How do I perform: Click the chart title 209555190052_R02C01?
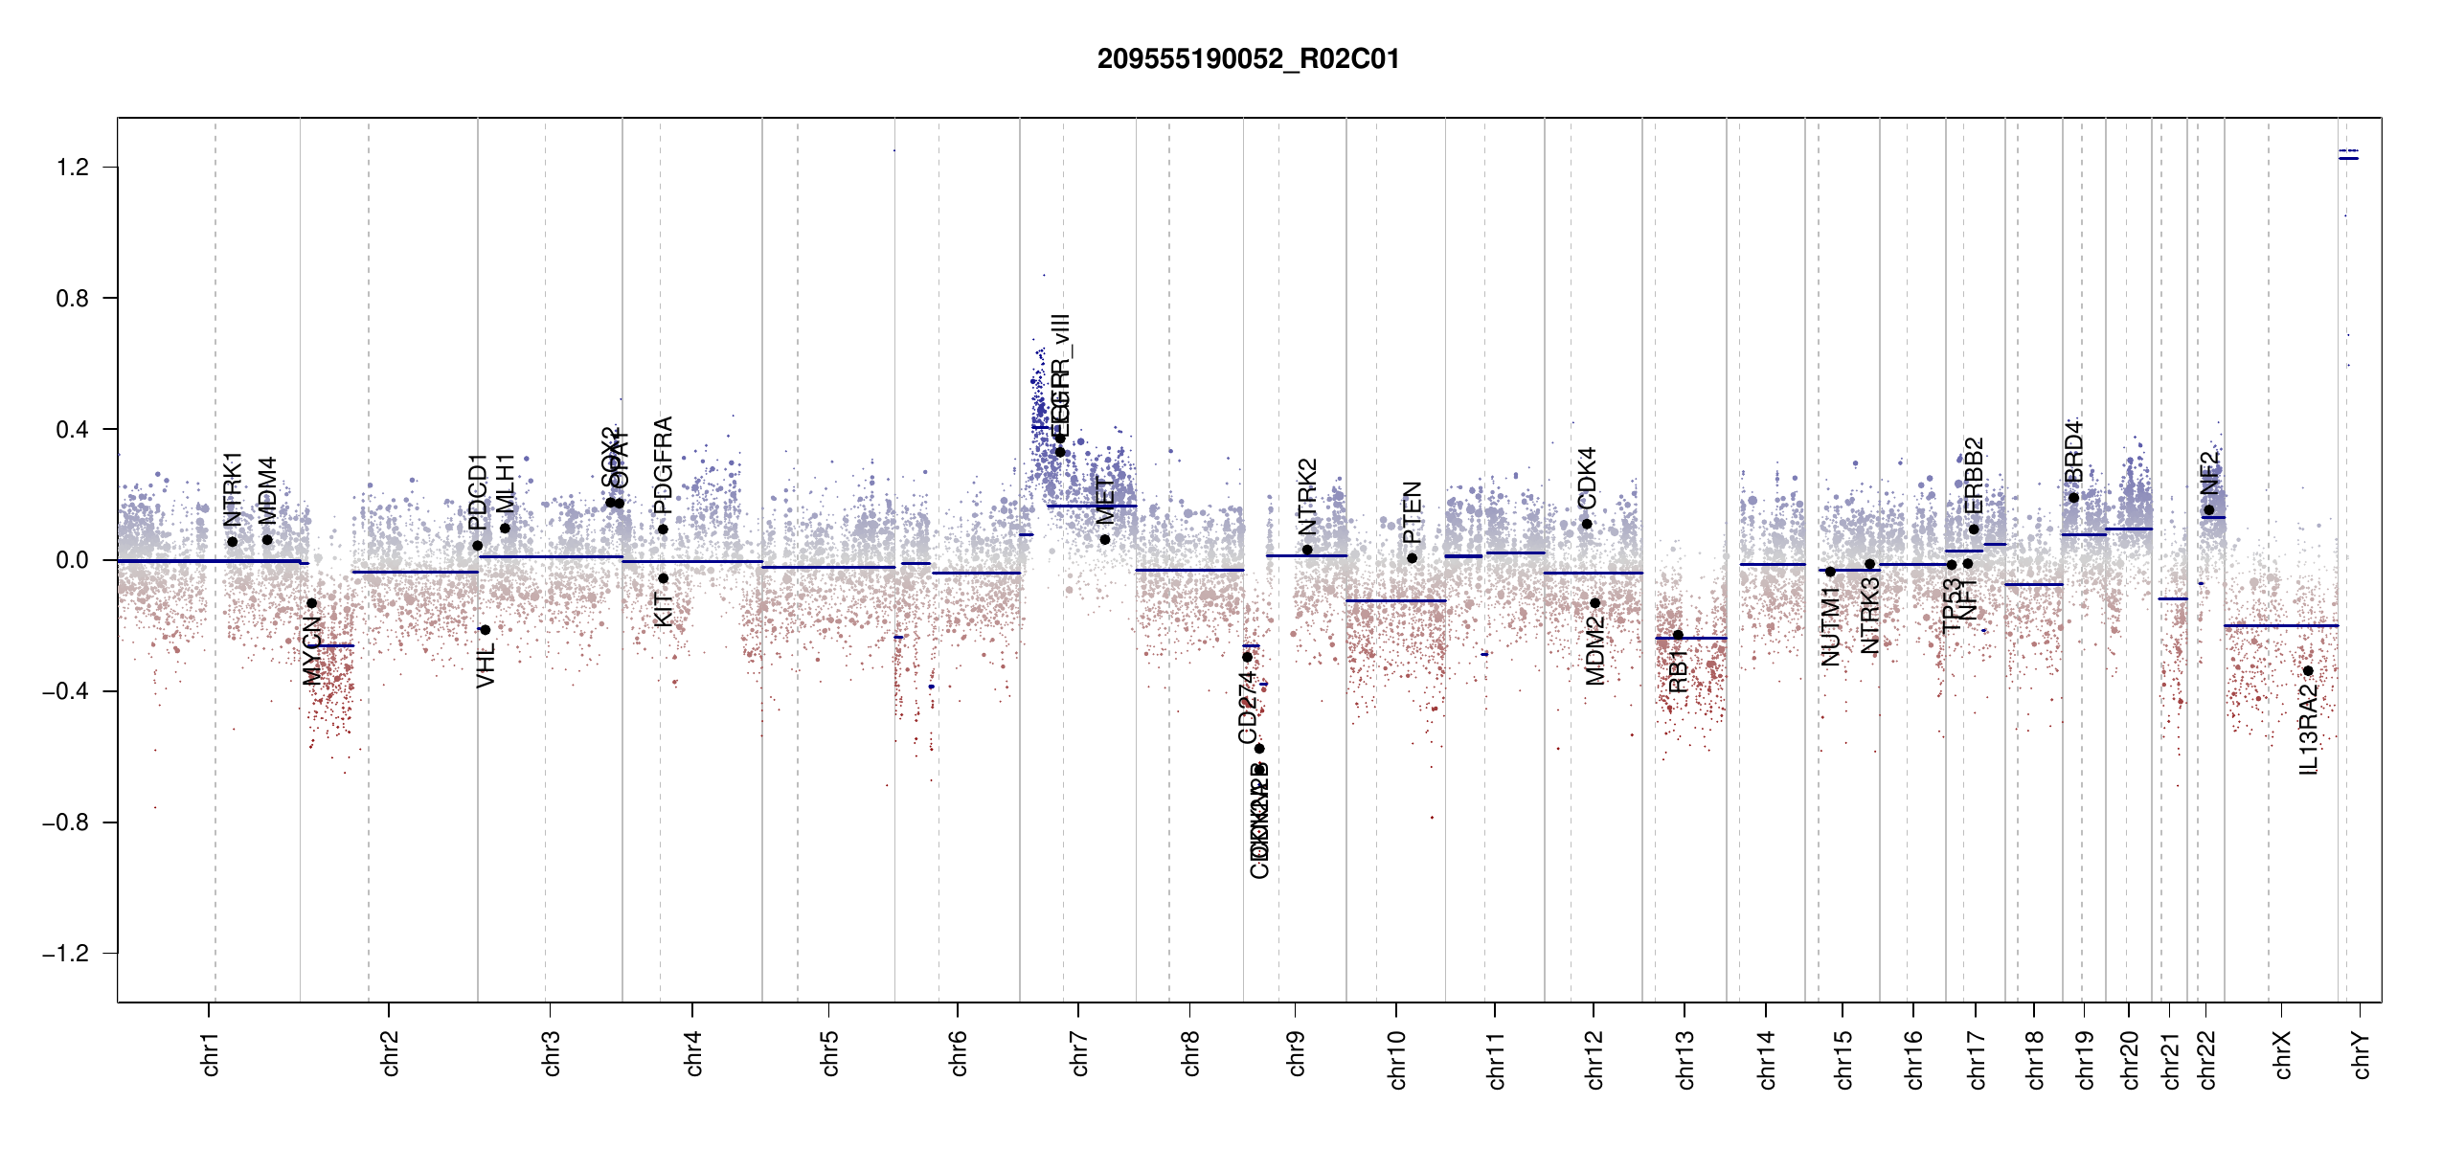1248,59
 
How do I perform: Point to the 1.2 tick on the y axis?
72,168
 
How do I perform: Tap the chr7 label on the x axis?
1079,1053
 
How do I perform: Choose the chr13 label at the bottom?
1685,1059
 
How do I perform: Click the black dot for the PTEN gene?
1412,558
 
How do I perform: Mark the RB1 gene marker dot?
1678,636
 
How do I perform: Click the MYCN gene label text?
312,651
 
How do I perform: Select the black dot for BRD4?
2073,498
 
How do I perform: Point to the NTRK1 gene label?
233,489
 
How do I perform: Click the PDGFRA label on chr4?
663,465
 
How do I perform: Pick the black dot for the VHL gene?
486,630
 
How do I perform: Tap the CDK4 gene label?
1587,478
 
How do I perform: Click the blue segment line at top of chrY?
2348,158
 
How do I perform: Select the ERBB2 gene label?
1974,476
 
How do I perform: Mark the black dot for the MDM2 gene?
1594,603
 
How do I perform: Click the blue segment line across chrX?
2280,625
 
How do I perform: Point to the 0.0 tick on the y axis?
72,560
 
